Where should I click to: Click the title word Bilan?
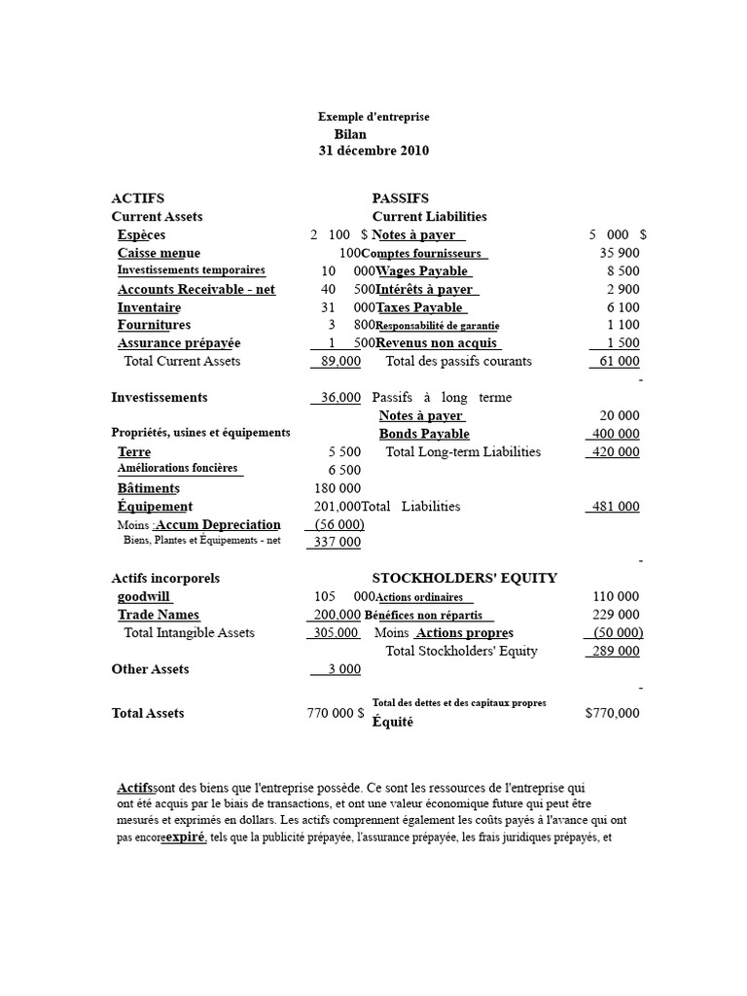coord(350,134)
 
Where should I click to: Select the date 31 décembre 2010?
coord(373,152)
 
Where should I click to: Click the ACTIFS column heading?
coord(138,198)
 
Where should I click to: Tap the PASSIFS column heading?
coord(400,198)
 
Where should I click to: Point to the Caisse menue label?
coord(159,253)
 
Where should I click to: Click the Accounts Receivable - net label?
coord(196,290)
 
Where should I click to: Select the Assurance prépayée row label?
coord(179,343)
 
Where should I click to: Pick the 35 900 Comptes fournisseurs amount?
coord(620,253)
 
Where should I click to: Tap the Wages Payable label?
coord(421,271)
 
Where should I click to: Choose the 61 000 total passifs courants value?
coord(616,361)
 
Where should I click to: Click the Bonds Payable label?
coord(424,434)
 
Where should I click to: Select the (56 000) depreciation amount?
coord(336,525)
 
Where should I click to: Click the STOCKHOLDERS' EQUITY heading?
coord(465,579)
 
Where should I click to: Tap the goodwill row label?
coord(144,596)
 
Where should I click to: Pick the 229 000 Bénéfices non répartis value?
coord(616,615)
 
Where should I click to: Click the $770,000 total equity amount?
coord(613,713)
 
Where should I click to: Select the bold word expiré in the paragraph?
coord(185,837)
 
